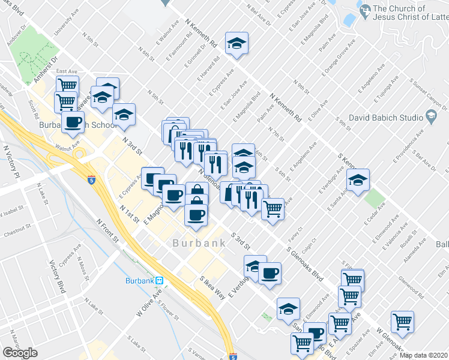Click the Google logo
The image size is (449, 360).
coord(20,353)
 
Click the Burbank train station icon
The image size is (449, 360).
coord(159,280)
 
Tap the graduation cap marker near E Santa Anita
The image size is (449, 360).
coord(358,180)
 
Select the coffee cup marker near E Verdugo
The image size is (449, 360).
coord(270,273)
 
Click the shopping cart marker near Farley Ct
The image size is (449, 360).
coord(273,209)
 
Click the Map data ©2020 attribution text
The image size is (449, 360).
coord(423,355)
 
